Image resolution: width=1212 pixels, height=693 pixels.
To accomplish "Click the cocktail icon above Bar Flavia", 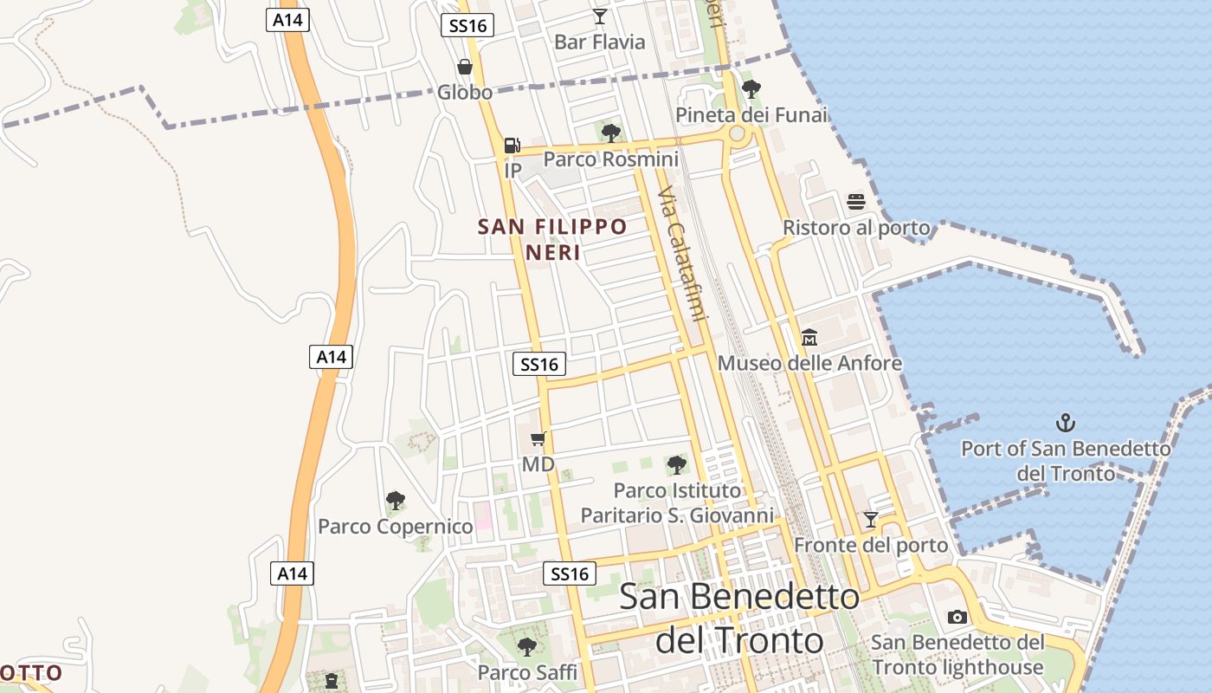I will (599, 16).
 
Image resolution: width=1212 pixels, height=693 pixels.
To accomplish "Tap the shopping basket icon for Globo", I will (465, 67).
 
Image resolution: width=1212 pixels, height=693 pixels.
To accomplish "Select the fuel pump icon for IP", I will (513, 146).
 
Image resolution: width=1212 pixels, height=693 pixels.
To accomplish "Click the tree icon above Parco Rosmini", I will (611, 133).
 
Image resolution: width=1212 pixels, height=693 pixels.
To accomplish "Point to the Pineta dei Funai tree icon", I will (751, 88).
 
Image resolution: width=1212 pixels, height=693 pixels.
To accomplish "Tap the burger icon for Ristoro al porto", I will (856, 202).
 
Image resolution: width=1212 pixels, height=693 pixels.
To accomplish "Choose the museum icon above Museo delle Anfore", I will (809, 337).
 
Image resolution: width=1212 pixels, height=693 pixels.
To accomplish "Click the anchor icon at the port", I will (1066, 423).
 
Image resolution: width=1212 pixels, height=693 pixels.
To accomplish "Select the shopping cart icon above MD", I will (538, 438).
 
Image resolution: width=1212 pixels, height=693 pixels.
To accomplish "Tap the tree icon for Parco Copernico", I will (396, 500).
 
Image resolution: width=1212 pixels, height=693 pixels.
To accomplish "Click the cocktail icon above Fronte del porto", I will (871, 520).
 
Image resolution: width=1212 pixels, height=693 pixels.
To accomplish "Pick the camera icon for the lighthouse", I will (957, 617).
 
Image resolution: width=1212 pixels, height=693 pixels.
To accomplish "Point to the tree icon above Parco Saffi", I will (527, 646).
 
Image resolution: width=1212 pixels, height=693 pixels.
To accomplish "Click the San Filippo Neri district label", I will (552, 239).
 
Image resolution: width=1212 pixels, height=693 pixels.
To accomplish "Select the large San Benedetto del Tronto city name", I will (739, 618).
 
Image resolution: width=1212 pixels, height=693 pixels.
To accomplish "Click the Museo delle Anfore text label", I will (809, 363).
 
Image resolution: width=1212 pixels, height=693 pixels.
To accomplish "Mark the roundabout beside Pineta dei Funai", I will (738, 133).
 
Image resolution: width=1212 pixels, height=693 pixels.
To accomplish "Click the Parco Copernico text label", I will (396, 526).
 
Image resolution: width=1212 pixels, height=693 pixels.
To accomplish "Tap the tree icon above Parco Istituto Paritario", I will (677, 465).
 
